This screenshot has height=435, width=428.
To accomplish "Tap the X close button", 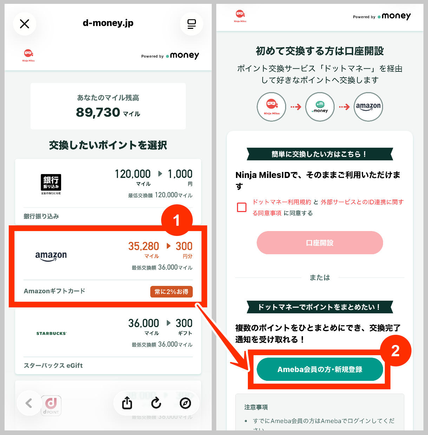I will click(x=25, y=24).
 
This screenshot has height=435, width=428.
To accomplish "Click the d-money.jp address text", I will click(x=108, y=23).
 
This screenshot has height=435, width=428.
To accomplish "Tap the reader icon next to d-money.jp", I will click(x=191, y=24).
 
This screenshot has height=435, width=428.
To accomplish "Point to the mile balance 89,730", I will click(x=98, y=113).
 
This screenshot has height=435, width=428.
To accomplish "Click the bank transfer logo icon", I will click(x=51, y=184).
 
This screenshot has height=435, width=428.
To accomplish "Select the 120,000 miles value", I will click(x=133, y=174).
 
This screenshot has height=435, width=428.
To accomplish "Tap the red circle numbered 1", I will click(x=177, y=220).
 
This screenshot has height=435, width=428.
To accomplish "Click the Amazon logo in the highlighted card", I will click(x=51, y=256).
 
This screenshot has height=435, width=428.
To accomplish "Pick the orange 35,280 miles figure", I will click(x=144, y=246).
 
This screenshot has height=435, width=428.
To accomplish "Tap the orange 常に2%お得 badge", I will click(x=171, y=292).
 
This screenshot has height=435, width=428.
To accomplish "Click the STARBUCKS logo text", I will click(x=51, y=333).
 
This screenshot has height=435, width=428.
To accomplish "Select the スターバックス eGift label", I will click(x=53, y=365).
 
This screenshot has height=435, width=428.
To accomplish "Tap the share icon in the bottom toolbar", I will click(x=127, y=403).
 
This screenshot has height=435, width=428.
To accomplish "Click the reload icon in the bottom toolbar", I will click(x=156, y=403).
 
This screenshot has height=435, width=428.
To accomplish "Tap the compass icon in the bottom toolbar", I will click(x=185, y=403).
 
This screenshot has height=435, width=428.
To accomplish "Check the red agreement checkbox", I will click(x=242, y=207).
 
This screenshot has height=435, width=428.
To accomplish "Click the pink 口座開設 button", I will click(x=320, y=243).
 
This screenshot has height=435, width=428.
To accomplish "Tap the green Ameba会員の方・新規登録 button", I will click(x=320, y=369).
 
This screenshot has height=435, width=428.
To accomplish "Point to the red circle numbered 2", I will click(x=395, y=351).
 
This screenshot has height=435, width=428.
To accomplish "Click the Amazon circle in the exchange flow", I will click(x=368, y=107).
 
